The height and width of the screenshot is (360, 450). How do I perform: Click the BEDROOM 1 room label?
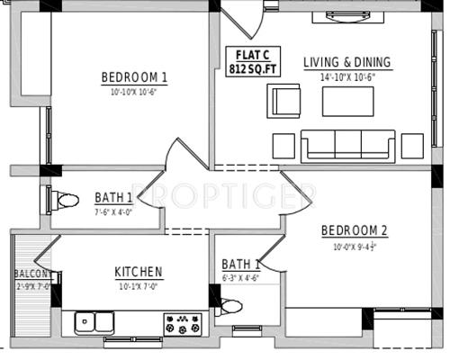(134, 77)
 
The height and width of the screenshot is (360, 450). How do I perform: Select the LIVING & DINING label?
(346, 62)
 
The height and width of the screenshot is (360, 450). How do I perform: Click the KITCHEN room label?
(138, 272)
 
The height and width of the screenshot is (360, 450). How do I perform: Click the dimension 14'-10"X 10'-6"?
(347, 76)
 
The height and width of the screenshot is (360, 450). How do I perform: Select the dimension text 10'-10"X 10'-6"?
(134, 92)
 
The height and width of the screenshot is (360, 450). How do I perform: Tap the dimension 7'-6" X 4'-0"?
(114, 212)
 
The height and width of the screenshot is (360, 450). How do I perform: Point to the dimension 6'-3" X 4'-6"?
(241, 278)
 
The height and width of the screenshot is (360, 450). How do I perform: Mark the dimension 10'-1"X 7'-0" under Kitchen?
(138, 286)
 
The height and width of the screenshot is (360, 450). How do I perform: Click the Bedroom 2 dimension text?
(355, 246)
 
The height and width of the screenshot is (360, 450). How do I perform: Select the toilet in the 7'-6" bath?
(64, 199)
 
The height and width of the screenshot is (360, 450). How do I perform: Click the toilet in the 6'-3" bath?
(230, 307)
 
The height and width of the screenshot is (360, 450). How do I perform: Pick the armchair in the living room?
(285, 99)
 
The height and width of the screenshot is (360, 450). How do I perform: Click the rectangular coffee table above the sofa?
(347, 101)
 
